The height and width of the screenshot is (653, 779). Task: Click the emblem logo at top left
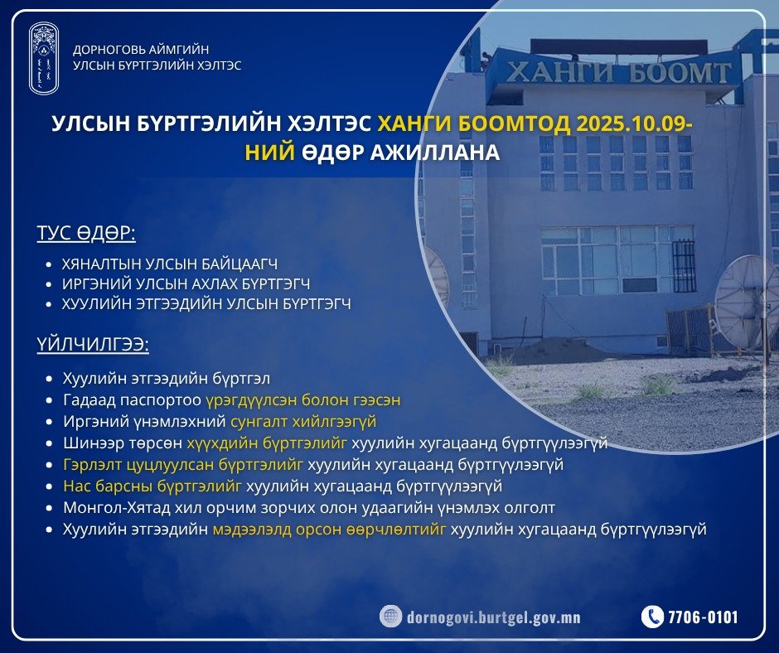[44, 57]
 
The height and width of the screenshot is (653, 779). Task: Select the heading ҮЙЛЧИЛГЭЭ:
[92, 346]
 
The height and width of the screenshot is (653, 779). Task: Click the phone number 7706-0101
[703, 617]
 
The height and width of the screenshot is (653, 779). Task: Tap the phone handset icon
[653, 617]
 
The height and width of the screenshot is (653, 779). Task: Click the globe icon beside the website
[391, 617]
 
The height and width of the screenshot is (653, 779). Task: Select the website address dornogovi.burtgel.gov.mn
[494, 617]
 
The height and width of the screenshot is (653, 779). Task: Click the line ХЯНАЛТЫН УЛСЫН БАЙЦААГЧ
[169, 264]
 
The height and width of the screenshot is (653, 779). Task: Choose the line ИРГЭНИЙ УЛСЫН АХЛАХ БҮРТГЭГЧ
[186, 284]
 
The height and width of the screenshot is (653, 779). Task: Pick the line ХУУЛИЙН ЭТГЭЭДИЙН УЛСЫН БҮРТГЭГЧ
[206, 304]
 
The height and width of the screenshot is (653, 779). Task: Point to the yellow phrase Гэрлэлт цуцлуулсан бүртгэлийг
[183, 465]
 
